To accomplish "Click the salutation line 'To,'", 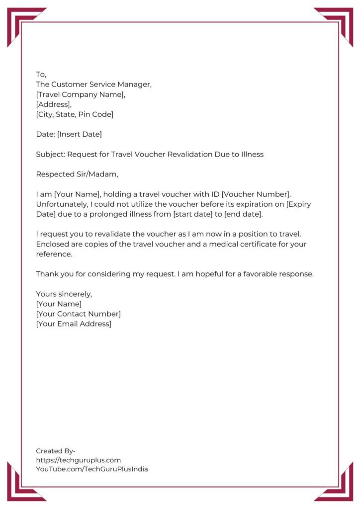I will click(41, 75).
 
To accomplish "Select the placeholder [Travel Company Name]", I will click(81, 94).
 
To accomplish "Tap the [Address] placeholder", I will click(54, 104).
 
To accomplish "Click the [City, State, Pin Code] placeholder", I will click(75, 114).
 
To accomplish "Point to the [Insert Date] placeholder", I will click(80, 134).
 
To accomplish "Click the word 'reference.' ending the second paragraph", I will click(54, 254).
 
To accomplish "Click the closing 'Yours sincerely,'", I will click(64, 294).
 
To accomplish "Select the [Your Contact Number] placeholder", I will click(78, 314).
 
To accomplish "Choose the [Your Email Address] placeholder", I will click(74, 324).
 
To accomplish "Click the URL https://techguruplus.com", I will click(78, 460).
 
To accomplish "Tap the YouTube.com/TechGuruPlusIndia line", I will click(92, 469).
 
